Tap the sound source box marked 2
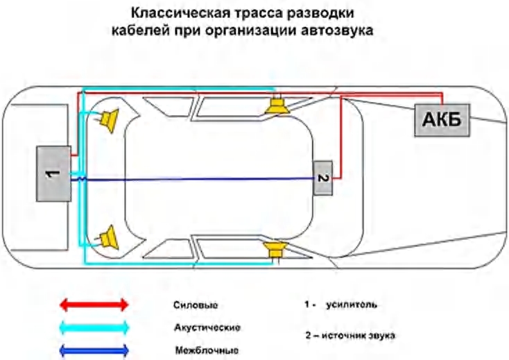322,178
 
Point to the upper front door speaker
277,106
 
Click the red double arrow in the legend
94,304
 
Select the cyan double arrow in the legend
94,327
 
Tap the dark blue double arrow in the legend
94,349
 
